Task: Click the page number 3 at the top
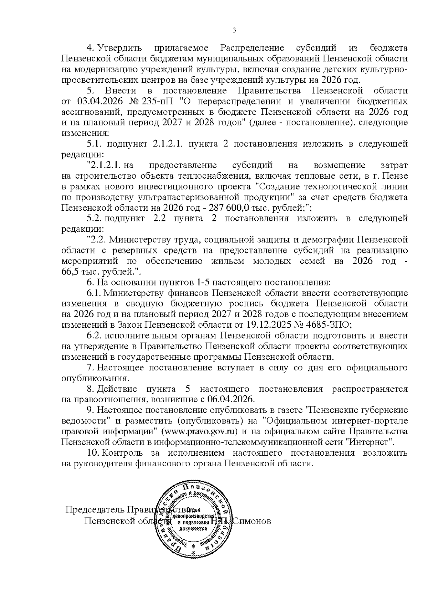tap(234, 30)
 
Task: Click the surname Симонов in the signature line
tap(252, 521)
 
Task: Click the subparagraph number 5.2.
tap(95, 218)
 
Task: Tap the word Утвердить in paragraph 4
tap(120, 48)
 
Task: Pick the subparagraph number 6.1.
tap(95, 293)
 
